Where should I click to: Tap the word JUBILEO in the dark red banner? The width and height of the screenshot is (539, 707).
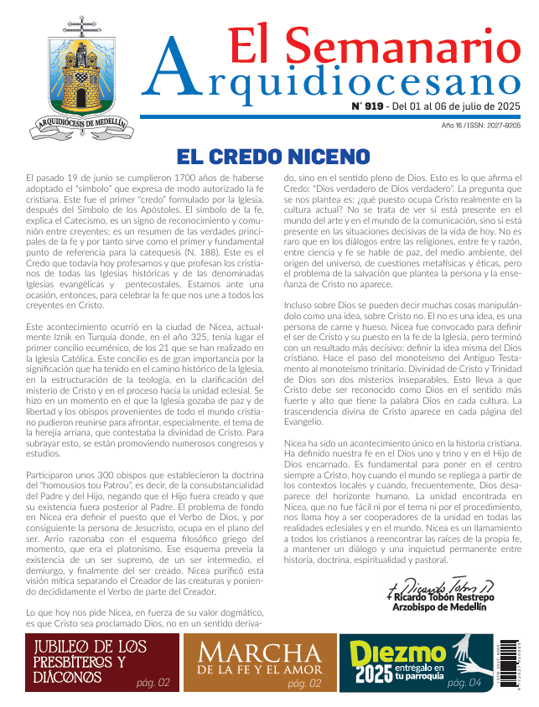tap(70, 647)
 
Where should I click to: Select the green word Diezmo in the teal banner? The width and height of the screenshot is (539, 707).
tap(386, 653)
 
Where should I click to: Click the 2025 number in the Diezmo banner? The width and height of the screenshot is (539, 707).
tap(373, 673)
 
